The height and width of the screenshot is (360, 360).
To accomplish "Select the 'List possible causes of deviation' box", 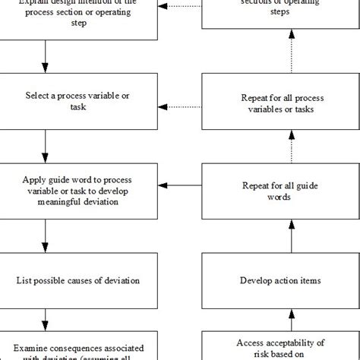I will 78,281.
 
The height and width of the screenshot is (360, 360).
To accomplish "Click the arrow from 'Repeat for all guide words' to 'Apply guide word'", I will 183,185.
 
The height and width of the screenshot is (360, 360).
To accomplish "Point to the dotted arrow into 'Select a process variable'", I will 183,106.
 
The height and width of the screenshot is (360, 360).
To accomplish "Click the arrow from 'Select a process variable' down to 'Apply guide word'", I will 46,149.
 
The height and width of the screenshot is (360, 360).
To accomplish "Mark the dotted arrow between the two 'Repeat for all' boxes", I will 292,147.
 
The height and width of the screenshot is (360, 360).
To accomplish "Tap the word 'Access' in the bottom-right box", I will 251,343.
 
